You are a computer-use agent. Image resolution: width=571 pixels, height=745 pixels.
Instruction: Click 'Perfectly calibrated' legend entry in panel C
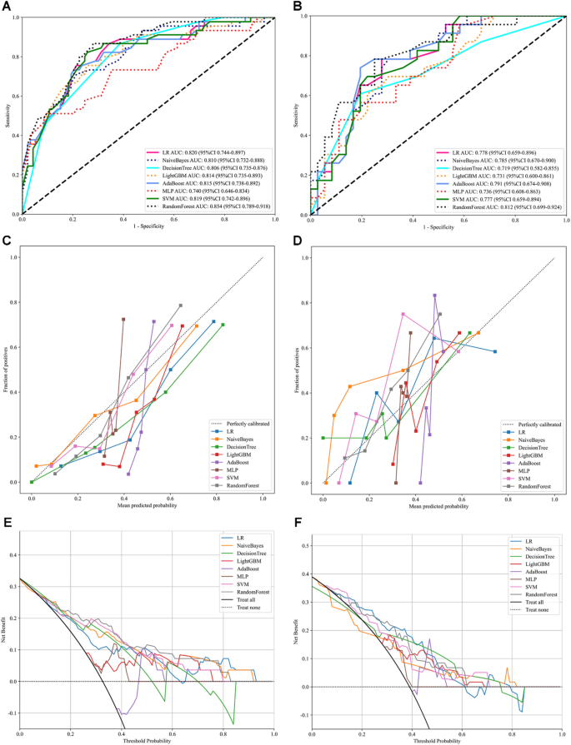point(238,424)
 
